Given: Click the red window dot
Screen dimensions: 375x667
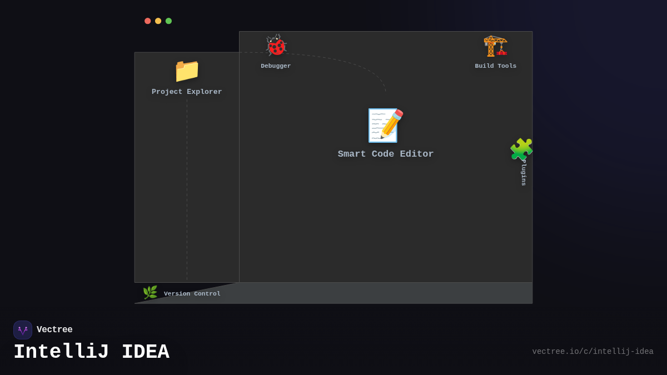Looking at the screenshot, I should pyautogui.click(x=148, y=21).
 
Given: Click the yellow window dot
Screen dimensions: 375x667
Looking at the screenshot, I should pyautogui.click(x=158, y=21).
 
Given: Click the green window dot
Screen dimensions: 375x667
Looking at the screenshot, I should pyautogui.click(x=168, y=21).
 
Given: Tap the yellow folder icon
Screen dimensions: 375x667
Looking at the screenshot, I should pyautogui.click(x=187, y=71).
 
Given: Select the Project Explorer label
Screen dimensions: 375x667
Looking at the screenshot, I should pyautogui.click(x=187, y=92).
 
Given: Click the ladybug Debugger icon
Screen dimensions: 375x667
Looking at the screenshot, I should pyautogui.click(x=276, y=46).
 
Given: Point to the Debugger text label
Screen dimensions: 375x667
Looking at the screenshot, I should pyautogui.click(x=276, y=66).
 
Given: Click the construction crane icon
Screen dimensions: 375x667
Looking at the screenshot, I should pyautogui.click(x=495, y=46).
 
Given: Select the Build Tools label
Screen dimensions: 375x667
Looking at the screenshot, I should pyautogui.click(x=495, y=66).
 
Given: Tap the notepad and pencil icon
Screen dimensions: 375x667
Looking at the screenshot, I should pyautogui.click(x=385, y=126).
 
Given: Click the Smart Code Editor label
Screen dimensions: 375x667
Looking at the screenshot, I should pyautogui.click(x=385, y=154).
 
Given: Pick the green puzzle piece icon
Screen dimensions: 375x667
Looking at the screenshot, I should pyautogui.click(x=521, y=149).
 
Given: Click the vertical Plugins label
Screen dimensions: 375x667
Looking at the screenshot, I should pyautogui.click(x=524, y=173).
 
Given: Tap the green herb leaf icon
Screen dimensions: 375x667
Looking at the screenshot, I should pyautogui.click(x=150, y=293).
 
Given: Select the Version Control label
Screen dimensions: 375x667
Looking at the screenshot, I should pyautogui.click(x=192, y=294).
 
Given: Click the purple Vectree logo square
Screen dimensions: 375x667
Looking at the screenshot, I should pyautogui.click(x=23, y=330).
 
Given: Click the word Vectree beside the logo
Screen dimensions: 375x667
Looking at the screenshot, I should pyautogui.click(x=54, y=330).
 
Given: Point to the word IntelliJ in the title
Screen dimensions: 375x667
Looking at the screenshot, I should pyautogui.click(x=61, y=352).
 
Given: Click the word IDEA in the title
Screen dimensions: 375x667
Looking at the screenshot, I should pyautogui.click(x=145, y=352).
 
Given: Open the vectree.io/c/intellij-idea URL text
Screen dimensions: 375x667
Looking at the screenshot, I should pyautogui.click(x=593, y=352).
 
